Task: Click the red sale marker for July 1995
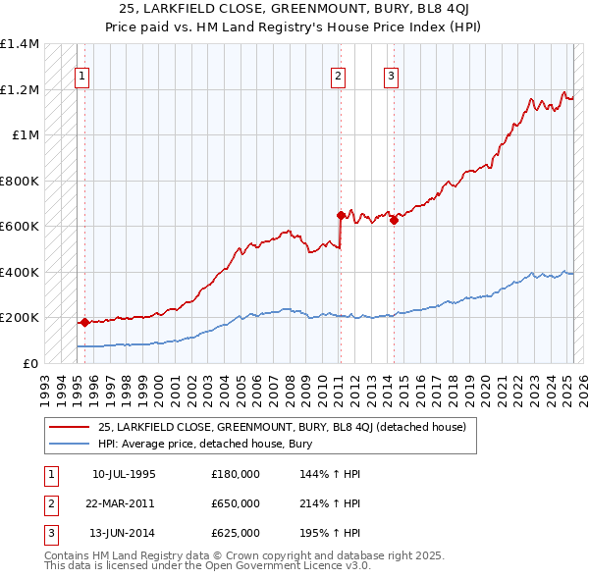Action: pyautogui.click(x=84, y=322)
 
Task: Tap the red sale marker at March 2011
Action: pyautogui.click(x=341, y=215)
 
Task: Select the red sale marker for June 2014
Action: pyautogui.click(x=394, y=221)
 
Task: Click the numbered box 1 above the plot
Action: pyautogui.click(x=81, y=77)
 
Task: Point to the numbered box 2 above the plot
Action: pyautogui.click(x=338, y=77)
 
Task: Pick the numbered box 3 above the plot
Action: pyautogui.click(x=391, y=77)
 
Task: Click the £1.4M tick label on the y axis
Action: pyautogui.click(x=20, y=44)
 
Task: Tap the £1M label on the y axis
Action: pyautogui.click(x=26, y=135)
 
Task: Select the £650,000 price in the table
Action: pyautogui.click(x=236, y=503)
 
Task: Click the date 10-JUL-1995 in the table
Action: pyautogui.click(x=124, y=474)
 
